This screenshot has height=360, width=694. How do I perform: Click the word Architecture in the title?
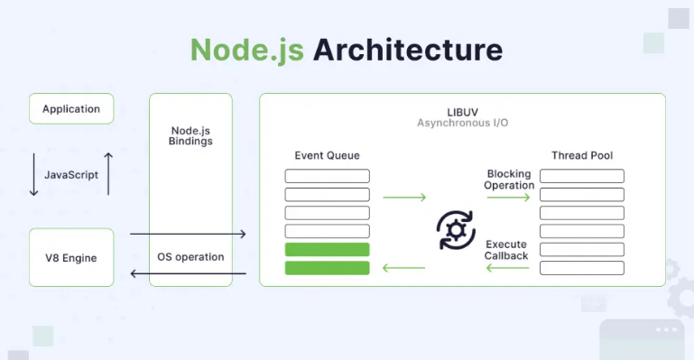click(x=408, y=49)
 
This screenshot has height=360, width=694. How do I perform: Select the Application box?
click(x=71, y=108)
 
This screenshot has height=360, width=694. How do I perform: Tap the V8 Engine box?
click(x=71, y=257)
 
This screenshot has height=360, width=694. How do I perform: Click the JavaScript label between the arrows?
click(x=71, y=175)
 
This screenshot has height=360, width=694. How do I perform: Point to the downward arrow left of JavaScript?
click(x=34, y=175)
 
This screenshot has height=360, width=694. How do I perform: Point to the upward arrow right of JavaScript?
click(x=108, y=173)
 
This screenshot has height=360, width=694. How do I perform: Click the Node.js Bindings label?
click(x=190, y=136)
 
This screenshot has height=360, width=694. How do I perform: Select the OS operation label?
click(x=190, y=256)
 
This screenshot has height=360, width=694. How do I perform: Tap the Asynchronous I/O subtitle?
click(x=461, y=122)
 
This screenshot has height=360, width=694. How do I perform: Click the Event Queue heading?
click(x=327, y=155)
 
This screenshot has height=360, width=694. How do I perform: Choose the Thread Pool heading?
click(x=582, y=155)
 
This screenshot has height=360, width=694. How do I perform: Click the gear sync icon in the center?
click(x=456, y=230)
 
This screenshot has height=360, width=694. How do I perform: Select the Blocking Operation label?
click(x=510, y=180)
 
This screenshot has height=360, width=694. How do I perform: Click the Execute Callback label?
click(x=506, y=250)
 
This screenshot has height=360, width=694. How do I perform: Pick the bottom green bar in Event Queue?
click(x=327, y=268)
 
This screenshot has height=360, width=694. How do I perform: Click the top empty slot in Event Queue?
click(x=327, y=176)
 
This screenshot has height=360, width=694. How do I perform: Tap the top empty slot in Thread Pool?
click(x=582, y=176)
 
